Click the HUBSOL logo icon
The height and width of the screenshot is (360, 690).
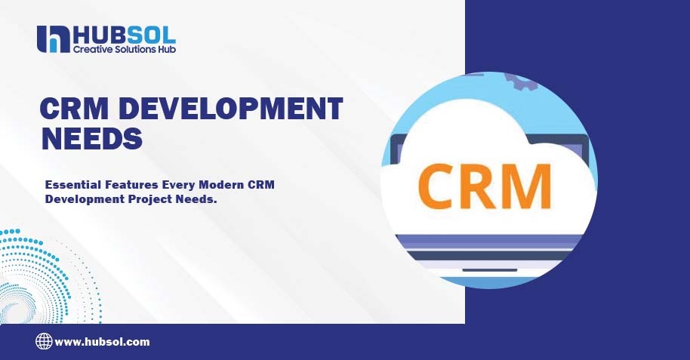point(52,39)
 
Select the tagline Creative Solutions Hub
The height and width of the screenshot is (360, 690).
point(124,49)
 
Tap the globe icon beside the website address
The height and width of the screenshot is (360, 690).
point(44,342)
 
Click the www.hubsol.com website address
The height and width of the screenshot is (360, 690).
point(103,342)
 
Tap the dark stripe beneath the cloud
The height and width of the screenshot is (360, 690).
point(491,254)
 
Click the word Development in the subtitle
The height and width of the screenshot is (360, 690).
point(79,198)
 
